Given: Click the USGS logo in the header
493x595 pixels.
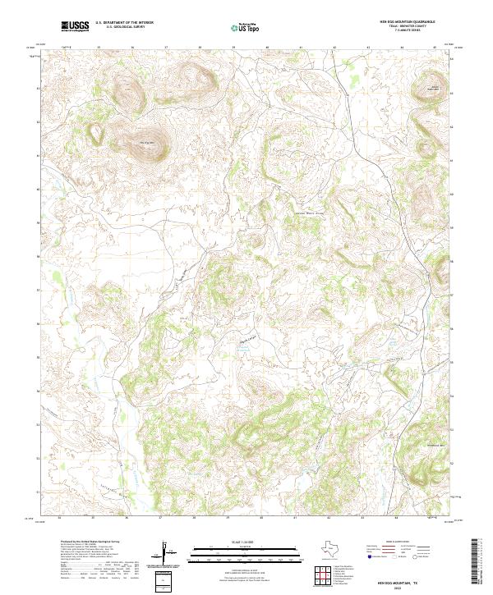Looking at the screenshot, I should pyautogui.click(x=76, y=26).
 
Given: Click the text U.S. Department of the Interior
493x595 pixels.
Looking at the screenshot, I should pyautogui.click(x=124, y=23).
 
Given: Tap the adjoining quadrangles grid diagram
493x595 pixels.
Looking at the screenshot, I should pyautogui.click(x=323, y=574).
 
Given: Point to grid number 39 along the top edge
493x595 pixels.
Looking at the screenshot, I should pyautogui.click(x=233, y=48).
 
